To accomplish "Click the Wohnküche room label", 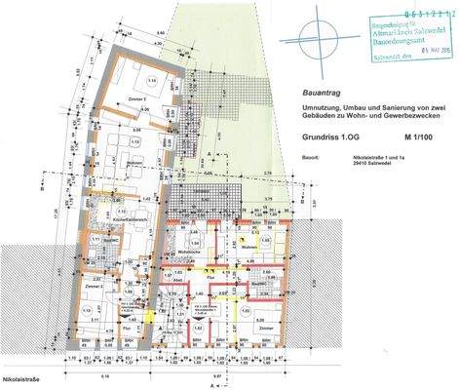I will coord(203,251).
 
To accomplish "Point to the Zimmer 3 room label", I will coord(93,286).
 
